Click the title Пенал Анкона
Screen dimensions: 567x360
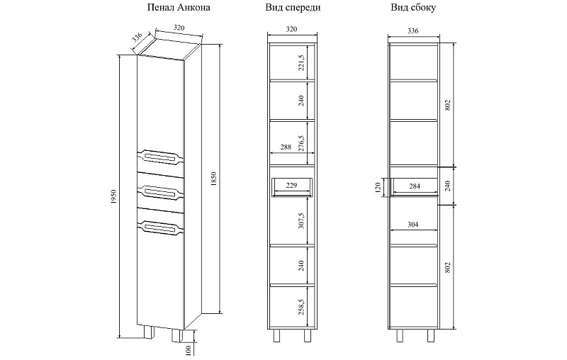[179, 8]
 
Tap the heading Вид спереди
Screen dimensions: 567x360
[293, 8]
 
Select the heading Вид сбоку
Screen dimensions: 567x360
[413, 8]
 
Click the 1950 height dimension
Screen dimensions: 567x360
[113, 197]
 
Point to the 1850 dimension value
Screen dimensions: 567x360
[213, 179]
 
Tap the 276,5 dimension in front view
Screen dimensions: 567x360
[302, 143]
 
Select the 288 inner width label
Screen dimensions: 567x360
[286, 147]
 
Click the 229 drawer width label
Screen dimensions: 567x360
[291, 186]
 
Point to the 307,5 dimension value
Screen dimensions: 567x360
[302, 220]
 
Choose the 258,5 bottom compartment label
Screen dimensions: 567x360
[302, 308]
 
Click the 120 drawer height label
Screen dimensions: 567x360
[378, 187]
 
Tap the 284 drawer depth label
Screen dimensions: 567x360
[414, 186]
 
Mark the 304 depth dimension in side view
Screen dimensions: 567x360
[412, 225]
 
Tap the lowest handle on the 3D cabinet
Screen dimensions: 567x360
[160, 227]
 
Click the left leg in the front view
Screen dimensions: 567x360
[276, 335]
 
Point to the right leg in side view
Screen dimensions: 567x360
[431, 335]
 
